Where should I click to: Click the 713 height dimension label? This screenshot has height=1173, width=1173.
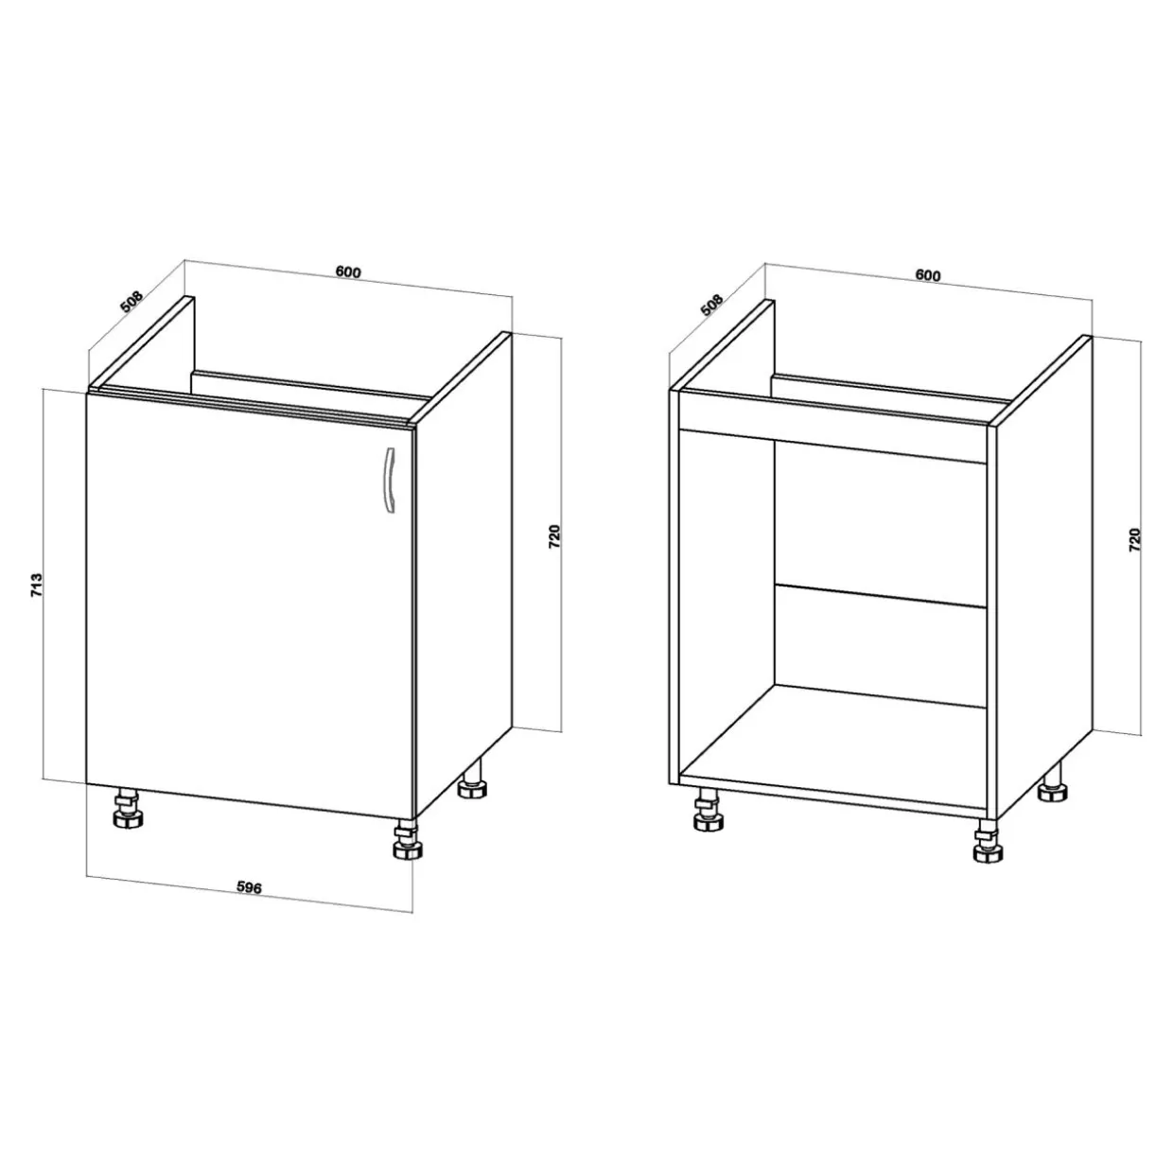[x=37, y=585]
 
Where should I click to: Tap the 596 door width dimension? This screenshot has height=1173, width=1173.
[x=249, y=887]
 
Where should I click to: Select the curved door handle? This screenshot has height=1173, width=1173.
[x=390, y=480]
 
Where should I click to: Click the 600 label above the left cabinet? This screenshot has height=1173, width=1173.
[x=348, y=271]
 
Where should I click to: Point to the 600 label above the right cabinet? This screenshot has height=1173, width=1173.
[x=928, y=275]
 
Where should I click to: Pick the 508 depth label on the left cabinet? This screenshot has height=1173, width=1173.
[x=131, y=302]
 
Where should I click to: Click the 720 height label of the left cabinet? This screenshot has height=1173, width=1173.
[x=554, y=537]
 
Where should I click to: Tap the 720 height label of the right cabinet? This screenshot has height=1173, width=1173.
[x=1133, y=540]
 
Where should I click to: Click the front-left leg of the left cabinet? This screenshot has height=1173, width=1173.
[x=129, y=809]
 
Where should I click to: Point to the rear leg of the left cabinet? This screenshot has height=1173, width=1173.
[x=471, y=779]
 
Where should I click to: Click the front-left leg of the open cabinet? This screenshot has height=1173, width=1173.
[x=709, y=810]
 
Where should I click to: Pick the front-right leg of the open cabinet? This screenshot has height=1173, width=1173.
[x=989, y=842]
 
